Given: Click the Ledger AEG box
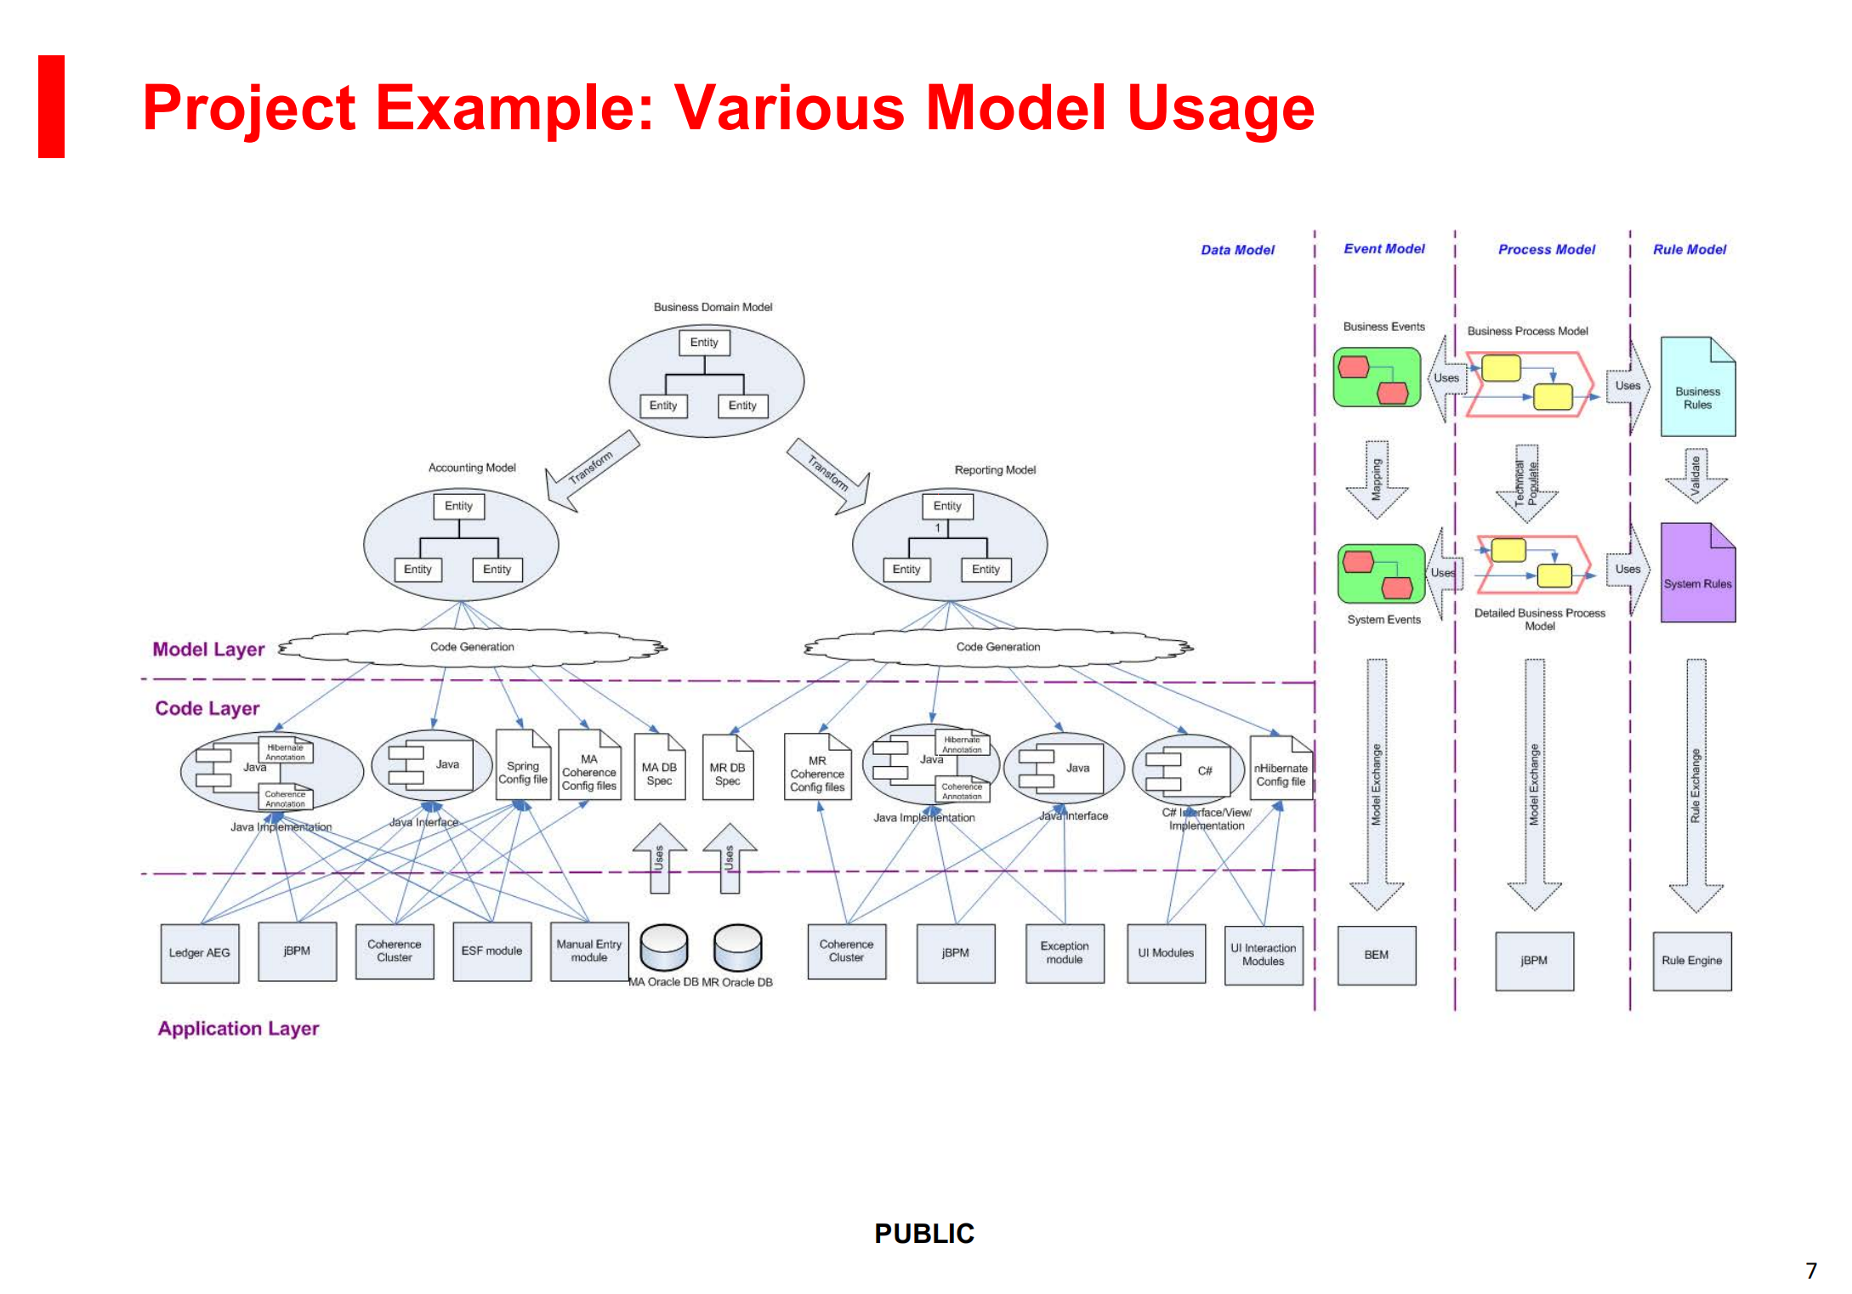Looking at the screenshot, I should [x=199, y=952].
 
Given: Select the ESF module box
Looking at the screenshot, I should [x=491, y=951].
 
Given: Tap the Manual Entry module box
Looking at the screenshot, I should [x=588, y=951].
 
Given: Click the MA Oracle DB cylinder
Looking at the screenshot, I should [x=663, y=948].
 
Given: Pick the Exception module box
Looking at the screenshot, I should [x=1064, y=953].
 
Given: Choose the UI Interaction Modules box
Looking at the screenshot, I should [x=1263, y=955].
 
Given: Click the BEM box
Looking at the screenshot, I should [x=1376, y=956].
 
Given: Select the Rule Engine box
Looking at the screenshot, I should [x=1691, y=961].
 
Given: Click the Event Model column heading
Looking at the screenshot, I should [x=1383, y=249].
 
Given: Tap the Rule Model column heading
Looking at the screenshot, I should [x=1689, y=250].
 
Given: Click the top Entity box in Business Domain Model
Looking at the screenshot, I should [x=704, y=343].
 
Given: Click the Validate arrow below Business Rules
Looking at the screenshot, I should [x=1695, y=475].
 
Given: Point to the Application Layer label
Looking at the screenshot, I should [x=238, y=1029].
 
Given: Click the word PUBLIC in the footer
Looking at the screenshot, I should [x=924, y=1234].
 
